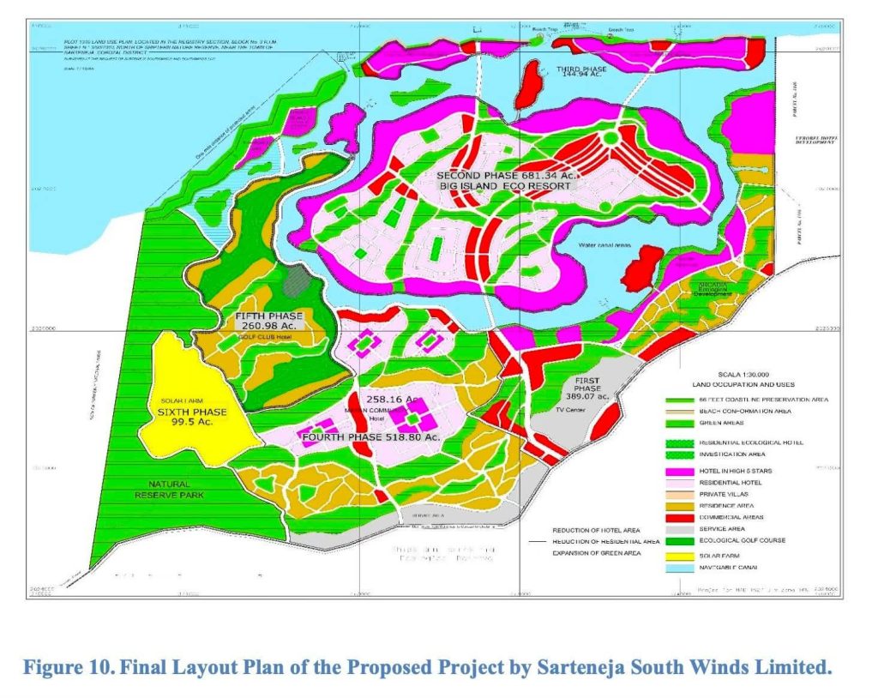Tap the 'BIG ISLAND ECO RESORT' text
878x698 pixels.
[502, 184]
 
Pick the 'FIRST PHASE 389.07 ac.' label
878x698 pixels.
[586, 388]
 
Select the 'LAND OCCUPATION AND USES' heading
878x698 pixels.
[731, 385]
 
